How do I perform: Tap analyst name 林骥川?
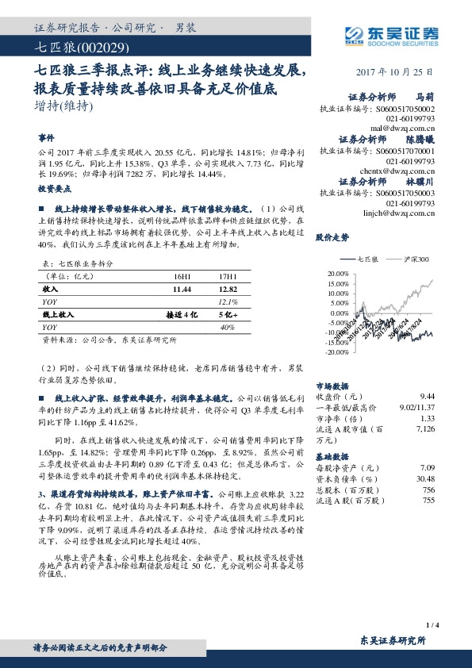[x=422, y=181]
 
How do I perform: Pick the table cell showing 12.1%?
[x=228, y=302]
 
